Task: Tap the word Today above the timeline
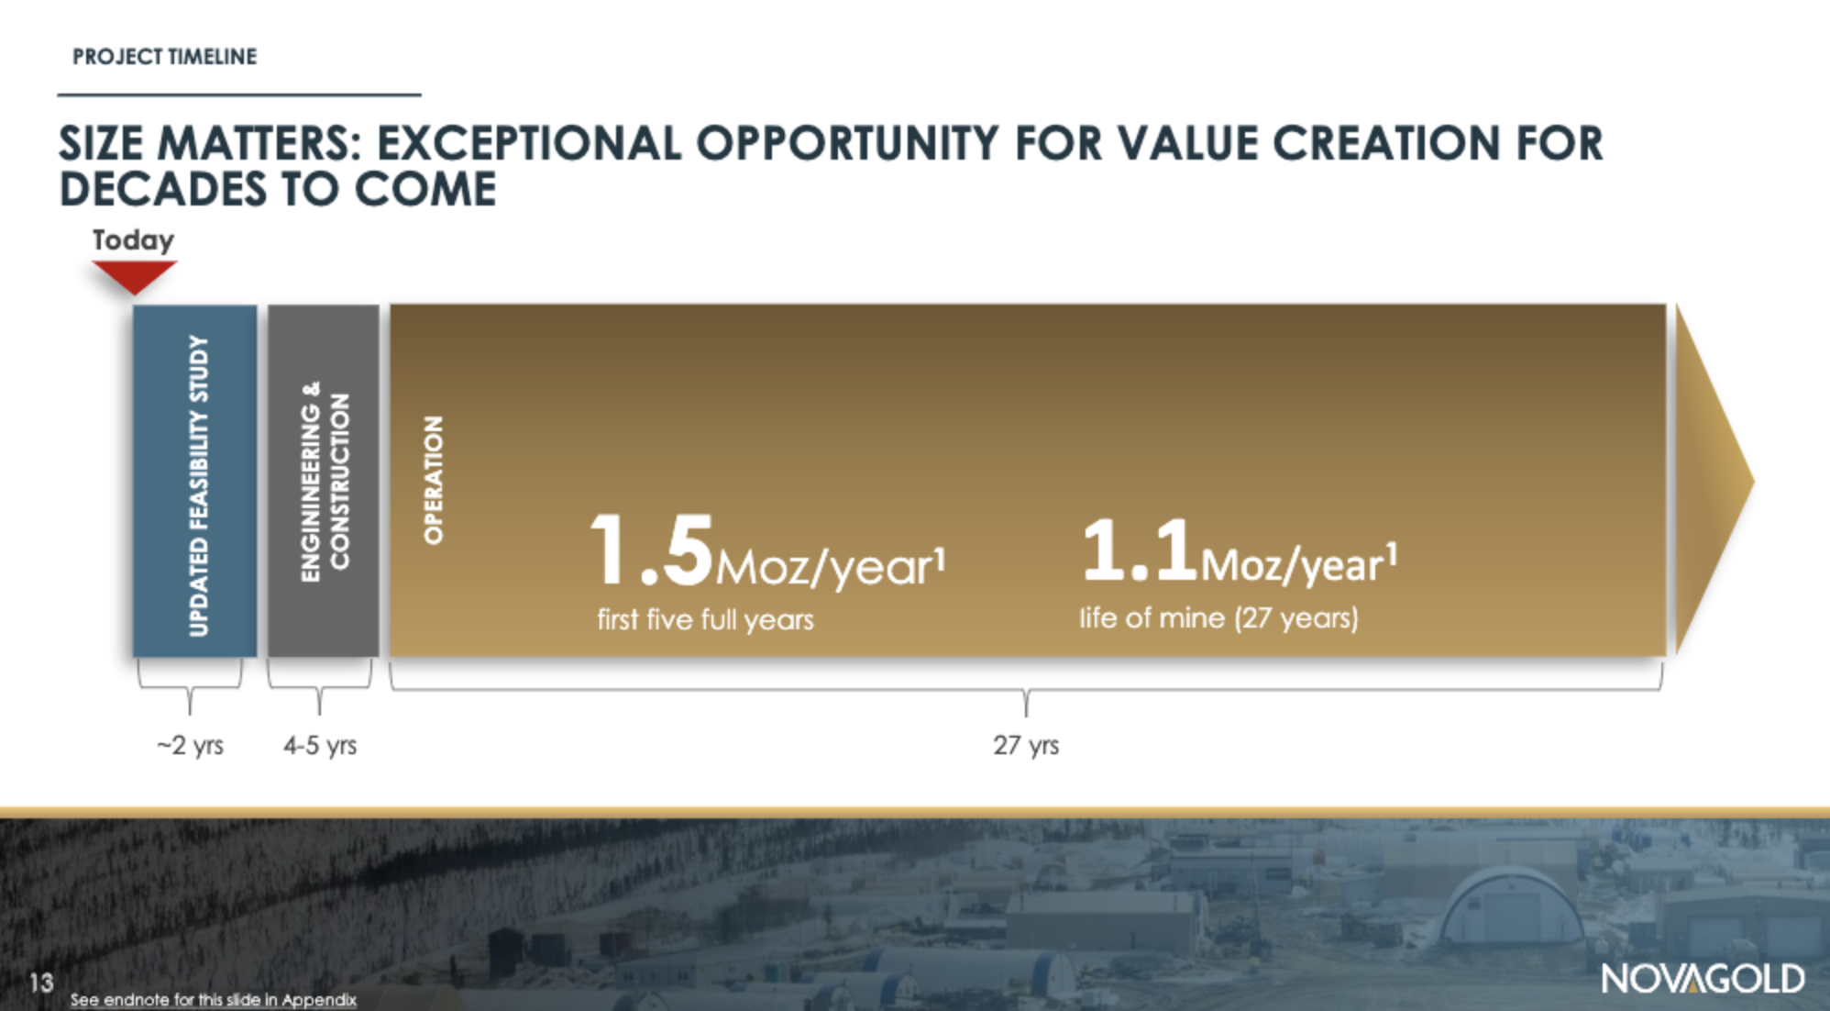click(133, 240)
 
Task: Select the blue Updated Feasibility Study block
click(194, 481)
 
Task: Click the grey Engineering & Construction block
click(323, 481)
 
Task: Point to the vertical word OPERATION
click(433, 480)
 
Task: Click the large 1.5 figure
click(652, 550)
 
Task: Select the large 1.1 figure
click(1140, 550)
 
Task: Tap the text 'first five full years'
click(705, 619)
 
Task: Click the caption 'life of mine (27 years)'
click(1218, 617)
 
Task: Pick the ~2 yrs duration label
click(190, 745)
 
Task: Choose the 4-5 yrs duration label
click(320, 745)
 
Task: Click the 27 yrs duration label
click(1026, 745)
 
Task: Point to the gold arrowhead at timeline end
click(1713, 480)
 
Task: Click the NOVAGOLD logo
click(1703, 979)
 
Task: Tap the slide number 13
click(41, 983)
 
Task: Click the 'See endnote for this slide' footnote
click(214, 999)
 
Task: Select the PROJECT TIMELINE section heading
click(165, 57)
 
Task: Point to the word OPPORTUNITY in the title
click(847, 144)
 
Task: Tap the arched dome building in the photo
click(1510, 905)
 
